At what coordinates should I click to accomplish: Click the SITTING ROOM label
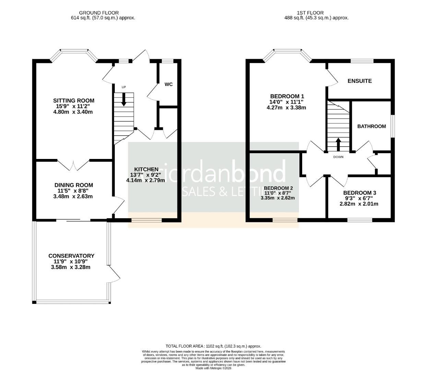[73, 100]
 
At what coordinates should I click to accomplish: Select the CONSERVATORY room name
[71, 256]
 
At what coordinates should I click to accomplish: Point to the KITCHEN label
[146, 169]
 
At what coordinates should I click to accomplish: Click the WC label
[168, 84]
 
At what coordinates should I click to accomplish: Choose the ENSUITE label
[359, 81]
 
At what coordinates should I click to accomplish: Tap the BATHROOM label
[371, 126]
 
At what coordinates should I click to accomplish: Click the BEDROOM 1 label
[287, 96]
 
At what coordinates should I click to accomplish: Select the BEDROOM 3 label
[357, 193]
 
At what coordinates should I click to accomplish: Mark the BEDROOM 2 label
[278, 188]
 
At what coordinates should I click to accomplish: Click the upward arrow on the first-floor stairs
[338, 144]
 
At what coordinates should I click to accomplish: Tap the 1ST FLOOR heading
[311, 13]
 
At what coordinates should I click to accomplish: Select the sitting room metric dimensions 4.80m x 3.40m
[73, 112]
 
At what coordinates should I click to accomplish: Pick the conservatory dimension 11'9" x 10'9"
[71, 261]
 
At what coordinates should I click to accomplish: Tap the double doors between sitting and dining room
[73, 165]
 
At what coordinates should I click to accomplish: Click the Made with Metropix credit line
[213, 368]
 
